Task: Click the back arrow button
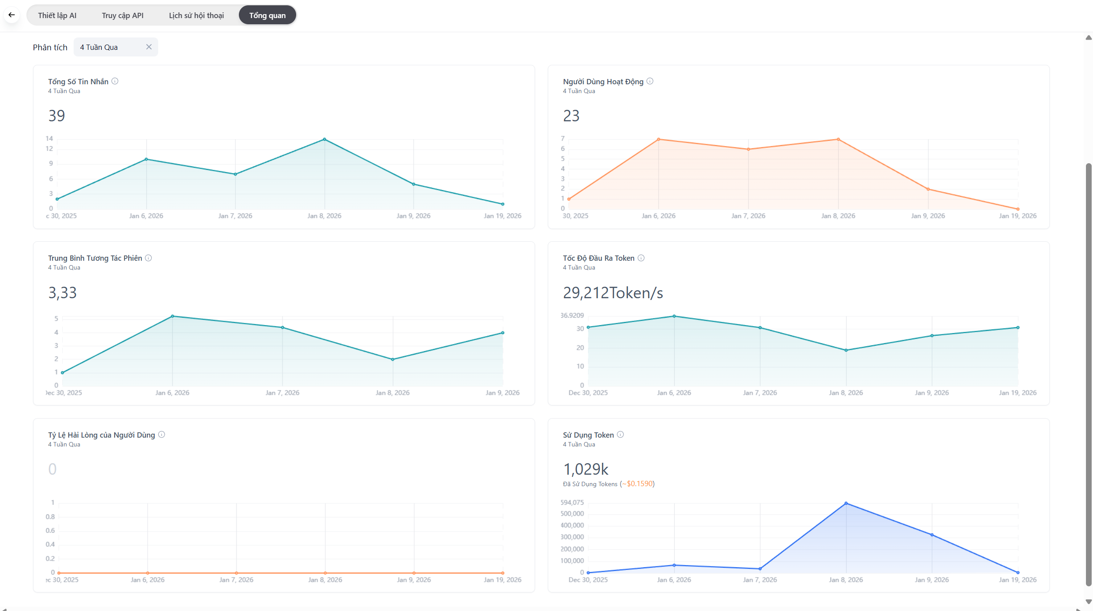coord(12,15)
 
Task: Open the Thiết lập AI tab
coord(57,15)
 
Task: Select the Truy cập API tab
coord(123,15)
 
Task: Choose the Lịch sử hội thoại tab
coord(196,15)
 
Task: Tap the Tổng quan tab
coord(267,15)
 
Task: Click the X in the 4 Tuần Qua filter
coord(149,47)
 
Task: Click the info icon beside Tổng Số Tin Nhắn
coord(115,81)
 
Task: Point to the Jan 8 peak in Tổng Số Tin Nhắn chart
coord(324,139)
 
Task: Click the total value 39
coord(57,116)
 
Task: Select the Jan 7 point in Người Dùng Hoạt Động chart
coord(748,149)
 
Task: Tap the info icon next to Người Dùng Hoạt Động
coord(650,81)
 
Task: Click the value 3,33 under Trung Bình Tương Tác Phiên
coord(63,292)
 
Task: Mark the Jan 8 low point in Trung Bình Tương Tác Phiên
coord(393,360)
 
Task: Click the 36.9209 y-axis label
coord(572,315)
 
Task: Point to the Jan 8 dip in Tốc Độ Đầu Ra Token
coord(846,350)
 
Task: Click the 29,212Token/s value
coord(613,292)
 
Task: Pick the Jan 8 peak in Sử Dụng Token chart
coord(846,503)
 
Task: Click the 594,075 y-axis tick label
coord(572,502)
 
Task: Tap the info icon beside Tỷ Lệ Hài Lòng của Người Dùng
coord(162,435)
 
